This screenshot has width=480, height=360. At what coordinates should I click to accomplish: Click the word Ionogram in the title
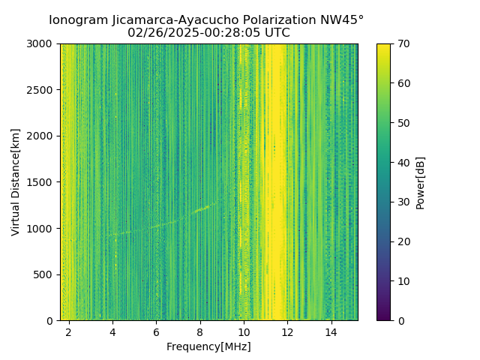76,20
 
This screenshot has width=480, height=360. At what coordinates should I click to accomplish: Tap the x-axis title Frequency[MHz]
208,346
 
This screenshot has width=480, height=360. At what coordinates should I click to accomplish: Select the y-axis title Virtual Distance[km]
16,181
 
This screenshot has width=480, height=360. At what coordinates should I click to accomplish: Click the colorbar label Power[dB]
421,182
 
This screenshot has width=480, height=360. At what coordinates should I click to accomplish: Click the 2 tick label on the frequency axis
68,331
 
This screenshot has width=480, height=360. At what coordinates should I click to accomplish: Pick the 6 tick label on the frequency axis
156,331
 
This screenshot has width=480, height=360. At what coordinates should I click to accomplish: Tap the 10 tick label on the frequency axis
244,331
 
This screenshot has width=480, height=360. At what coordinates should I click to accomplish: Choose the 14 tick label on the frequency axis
331,331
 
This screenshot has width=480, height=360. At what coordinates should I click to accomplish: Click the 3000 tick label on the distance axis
41,44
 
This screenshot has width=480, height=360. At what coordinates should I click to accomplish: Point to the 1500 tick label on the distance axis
41,182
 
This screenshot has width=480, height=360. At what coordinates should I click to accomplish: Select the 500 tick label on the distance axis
44,274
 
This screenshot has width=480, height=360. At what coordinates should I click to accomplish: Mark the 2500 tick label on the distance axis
41,90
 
